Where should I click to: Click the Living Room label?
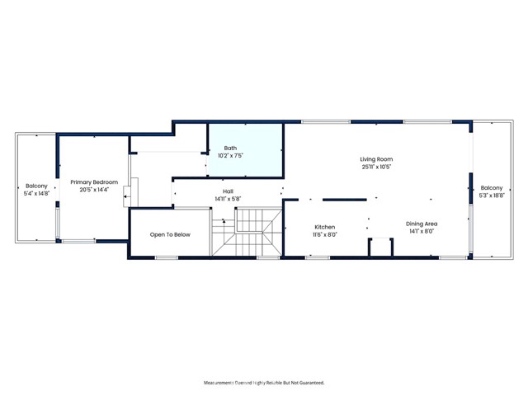(x=375, y=158)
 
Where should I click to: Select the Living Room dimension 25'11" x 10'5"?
(x=375, y=167)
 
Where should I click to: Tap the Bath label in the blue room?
(x=230, y=148)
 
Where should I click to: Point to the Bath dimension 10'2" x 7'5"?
(x=230, y=156)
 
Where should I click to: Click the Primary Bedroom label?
(x=94, y=181)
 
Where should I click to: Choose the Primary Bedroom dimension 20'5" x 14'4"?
(x=94, y=190)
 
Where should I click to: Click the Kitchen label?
(x=325, y=227)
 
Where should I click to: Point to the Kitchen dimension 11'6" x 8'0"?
(x=325, y=235)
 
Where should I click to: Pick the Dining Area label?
(x=421, y=224)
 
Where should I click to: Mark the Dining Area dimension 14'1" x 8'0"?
(x=421, y=232)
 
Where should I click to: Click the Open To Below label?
(x=170, y=235)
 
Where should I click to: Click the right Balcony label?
(x=492, y=187)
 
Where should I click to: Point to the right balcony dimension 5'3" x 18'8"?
(x=492, y=196)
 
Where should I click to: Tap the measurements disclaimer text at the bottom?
(x=264, y=383)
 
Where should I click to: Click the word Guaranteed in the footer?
(x=309, y=383)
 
